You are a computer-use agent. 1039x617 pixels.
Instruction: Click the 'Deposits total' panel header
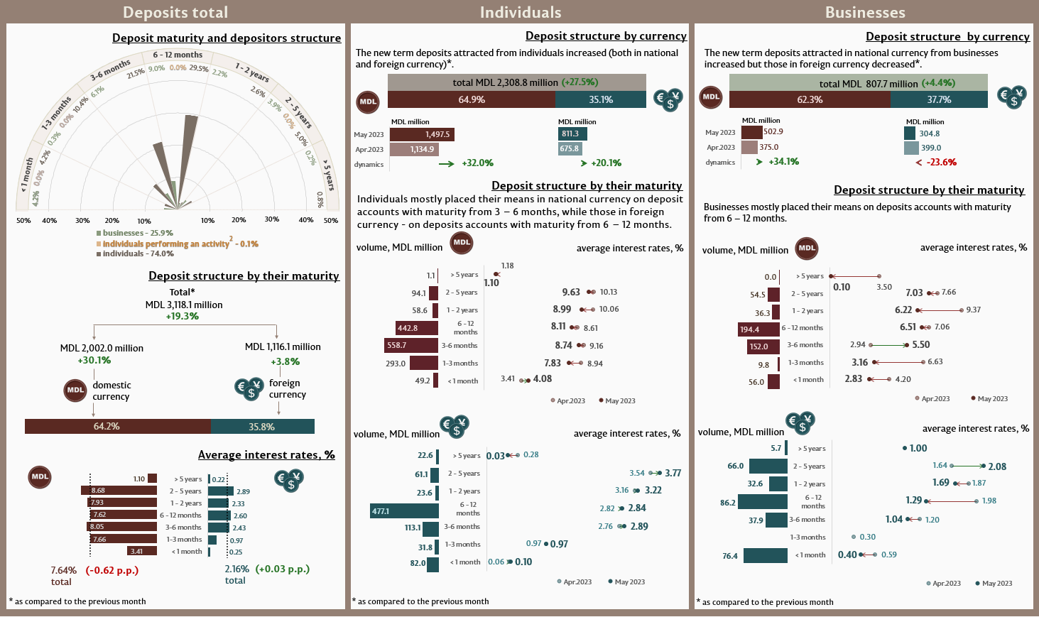click(175, 12)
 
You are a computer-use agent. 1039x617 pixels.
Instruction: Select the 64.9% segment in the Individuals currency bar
click(472, 99)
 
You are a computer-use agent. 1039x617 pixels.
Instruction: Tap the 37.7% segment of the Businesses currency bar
click(939, 99)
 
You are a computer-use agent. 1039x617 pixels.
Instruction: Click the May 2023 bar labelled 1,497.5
click(421, 134)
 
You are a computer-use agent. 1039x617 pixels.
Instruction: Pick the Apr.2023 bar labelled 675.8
click(570, 149)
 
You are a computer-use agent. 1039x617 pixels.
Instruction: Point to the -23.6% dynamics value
click(941, 162)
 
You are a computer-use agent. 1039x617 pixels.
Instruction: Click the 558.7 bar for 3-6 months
click(410, 346)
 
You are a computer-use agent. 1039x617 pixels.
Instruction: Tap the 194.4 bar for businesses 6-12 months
click(758, 329)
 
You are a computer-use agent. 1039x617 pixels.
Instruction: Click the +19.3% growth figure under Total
click(183, 316)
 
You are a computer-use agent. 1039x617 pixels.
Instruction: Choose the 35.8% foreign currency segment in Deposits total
click(262, 427)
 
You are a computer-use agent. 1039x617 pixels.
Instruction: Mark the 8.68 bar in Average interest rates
click(119, 491)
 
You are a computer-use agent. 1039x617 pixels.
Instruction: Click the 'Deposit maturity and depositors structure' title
click(227, 38)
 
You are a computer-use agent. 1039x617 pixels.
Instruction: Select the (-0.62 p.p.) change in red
click(112, 570)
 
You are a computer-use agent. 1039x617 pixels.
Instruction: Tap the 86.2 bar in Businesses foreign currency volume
click(762, 502)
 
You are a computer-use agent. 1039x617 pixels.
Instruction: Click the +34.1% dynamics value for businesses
click(783, 162)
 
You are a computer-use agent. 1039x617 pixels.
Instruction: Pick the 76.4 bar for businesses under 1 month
click(765, 556)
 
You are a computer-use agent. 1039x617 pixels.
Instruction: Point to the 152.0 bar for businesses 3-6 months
click(763, 346)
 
